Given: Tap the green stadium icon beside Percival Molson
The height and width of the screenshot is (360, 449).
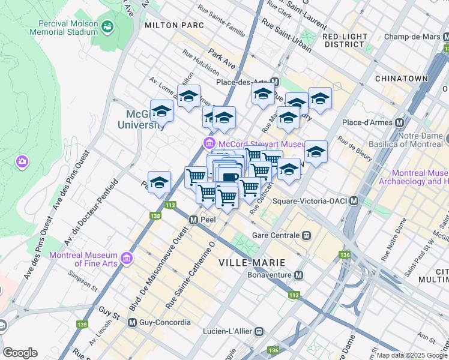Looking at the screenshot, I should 107,26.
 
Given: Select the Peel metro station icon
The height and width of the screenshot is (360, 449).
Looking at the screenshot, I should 194,220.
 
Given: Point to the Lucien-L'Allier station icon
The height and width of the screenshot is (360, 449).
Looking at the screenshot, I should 259,331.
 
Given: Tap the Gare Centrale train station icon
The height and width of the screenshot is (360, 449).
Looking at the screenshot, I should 307,235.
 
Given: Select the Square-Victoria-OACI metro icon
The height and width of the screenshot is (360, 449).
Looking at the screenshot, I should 354,201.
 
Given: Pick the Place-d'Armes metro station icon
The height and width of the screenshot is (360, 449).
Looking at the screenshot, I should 399,122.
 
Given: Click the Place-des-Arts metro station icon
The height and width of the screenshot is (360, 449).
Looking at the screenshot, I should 275,82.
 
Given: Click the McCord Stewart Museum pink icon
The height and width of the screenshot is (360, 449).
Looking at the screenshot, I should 209,143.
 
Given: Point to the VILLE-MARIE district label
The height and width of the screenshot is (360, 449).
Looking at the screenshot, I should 248,262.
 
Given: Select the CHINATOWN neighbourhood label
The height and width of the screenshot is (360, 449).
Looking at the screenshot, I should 401,79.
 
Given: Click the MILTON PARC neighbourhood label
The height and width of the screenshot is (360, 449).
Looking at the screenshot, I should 174,26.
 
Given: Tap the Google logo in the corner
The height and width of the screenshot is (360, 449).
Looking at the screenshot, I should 20,353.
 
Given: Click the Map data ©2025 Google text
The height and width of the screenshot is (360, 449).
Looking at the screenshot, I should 411,355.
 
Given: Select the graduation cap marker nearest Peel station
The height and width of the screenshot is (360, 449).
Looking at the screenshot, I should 159,183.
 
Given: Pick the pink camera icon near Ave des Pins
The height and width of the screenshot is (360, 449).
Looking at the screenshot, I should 22,161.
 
